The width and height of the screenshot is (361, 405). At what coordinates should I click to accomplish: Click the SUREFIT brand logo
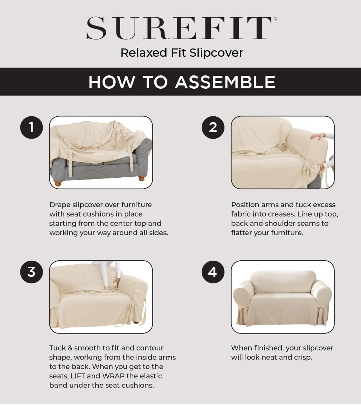pyautogui.click(x=179, y=28)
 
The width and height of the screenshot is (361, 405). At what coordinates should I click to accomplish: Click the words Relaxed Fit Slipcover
pyautogui.click(x=182, y=53)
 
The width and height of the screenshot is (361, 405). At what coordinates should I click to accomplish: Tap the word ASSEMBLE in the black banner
pyautogui.click(x=225, y=82)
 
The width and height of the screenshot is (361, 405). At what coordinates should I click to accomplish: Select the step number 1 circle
pyautogui.click(x=31, y=127)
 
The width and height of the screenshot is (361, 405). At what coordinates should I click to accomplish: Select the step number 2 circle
pyautogui.click(x=213, y=127)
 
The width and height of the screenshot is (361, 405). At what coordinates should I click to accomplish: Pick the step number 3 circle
pyautogui.click(x=31, y=272)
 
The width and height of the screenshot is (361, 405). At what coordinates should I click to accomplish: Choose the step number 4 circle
pyautogui.click(x=213, y=272)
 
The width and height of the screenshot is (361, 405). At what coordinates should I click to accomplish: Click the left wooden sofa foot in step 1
pyautogui.click(x=58, y=183)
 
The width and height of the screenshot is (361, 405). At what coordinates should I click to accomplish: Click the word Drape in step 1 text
pyautogui.click(x=60, y=205)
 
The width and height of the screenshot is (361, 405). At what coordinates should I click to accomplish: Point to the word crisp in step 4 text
pyautogui.click(x=302, y=357)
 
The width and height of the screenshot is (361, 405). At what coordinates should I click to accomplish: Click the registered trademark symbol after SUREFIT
pyautogui.click(x=275, y=19)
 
